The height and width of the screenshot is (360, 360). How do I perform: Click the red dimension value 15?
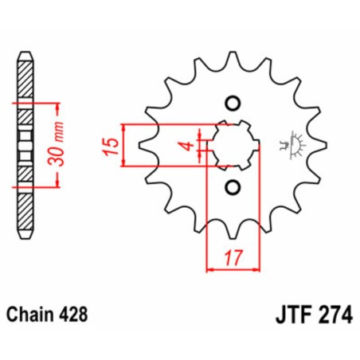pos(112,145)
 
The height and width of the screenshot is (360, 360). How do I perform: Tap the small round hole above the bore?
pos(233,103)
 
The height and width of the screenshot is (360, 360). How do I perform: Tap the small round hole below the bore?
pos(233,187)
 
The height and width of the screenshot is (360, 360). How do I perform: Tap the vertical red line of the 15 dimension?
pos(124,145)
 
